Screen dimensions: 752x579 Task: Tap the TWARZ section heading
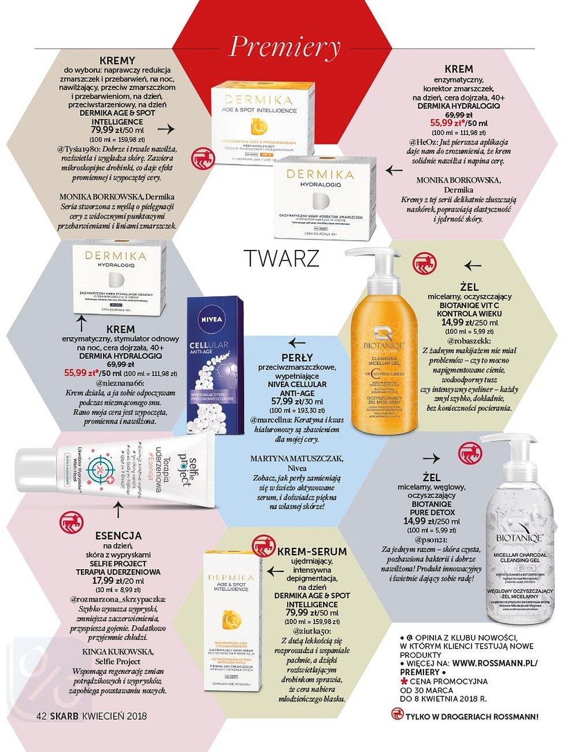281,258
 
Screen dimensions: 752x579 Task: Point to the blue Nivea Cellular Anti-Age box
216,364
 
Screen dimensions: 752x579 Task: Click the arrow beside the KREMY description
165,128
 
